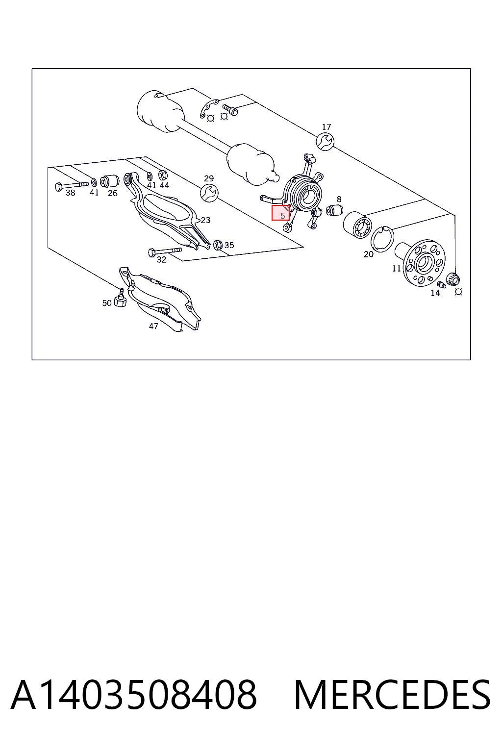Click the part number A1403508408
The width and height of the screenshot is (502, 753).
click(134, 695)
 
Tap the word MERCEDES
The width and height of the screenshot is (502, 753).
click(392, 695)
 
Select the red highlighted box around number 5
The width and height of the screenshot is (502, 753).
click(280, 213)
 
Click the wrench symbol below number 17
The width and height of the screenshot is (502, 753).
click(325, 141)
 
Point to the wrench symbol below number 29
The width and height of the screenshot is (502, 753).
click(209, 193)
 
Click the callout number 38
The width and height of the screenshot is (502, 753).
click(70, 193)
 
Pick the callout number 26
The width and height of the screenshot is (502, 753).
click(113, 193)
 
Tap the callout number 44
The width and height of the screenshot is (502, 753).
click(164, 185)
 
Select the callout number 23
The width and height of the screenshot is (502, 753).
click(205, 220)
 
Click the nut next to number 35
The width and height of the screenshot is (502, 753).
click(218, 245)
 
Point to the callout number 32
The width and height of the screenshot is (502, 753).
click(161, 259)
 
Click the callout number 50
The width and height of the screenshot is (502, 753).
click(107, 303)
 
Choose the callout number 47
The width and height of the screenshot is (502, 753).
click(153, 326)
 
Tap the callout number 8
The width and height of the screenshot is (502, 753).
click(339, 199)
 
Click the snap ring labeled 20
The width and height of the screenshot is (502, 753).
click(382, 239)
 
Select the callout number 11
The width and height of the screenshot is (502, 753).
click(397, 268)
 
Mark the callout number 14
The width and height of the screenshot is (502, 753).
click(435, 293)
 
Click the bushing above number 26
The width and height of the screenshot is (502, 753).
click(110, 181)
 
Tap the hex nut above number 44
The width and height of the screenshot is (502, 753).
click(163, 175)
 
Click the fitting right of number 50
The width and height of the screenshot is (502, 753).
click(120, 298)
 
